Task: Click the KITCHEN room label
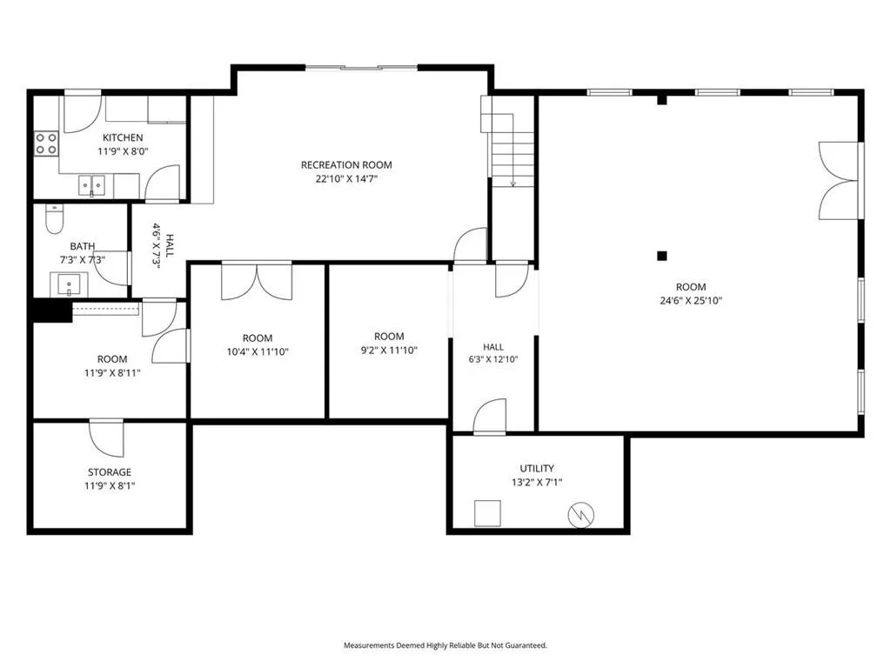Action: pos(123,137)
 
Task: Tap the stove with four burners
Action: pos(47,144)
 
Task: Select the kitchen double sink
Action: pos(92,186)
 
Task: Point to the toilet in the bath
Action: pos(55,219)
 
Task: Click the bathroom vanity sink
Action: pos(69,284)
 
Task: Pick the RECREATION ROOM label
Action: pos(346,165)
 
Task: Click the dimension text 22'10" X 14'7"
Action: pos(346,179)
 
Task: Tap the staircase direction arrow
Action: pos(513,150)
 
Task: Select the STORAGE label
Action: pos(109,472)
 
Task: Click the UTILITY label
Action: pos(537,468)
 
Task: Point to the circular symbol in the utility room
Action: pos(581,515)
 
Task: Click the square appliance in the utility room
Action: pos(487,513)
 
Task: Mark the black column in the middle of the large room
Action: pos(662,256)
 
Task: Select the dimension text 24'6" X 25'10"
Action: pos(690,300)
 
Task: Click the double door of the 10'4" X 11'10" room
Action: pos(257,281)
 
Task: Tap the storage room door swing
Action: pos(106,438)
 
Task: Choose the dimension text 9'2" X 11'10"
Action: pos(389,351)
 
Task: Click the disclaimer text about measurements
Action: pos(445,645)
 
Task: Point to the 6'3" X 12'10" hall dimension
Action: pos(493,359)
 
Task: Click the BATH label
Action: pos(83,246)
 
